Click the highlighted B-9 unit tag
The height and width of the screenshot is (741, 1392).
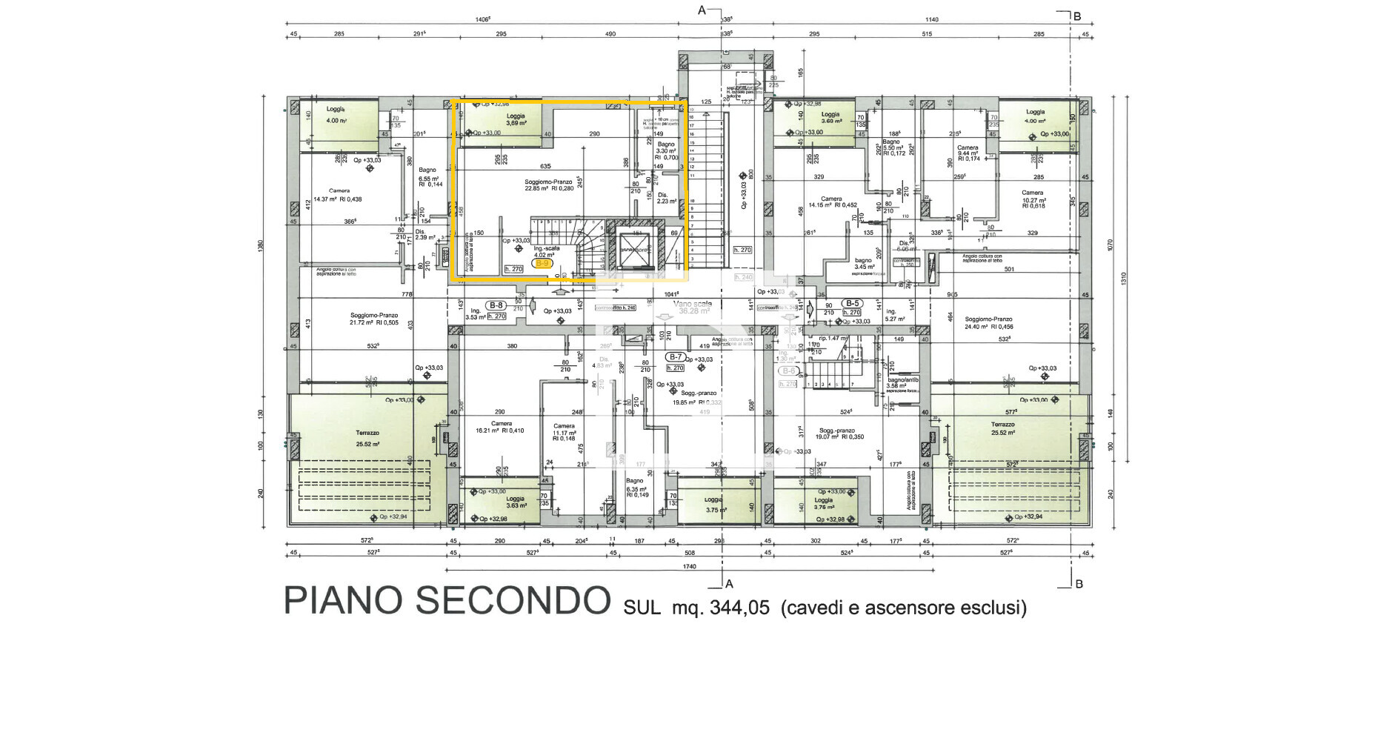[542, 264]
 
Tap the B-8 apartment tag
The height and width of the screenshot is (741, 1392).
[496, 305]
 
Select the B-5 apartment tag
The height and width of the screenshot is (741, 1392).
[853, 303]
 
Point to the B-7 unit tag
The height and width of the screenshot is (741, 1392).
[675, 357]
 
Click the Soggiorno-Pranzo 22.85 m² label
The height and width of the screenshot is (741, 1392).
[548, 185]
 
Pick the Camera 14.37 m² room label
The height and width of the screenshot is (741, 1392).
[338, 195]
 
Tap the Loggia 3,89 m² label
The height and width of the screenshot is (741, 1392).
[516, 119]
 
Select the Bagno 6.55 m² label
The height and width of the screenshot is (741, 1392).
[428, 175]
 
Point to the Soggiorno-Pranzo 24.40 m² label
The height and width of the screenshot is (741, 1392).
[989, 323]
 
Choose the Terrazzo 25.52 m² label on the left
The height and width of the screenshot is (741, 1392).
[367, 438]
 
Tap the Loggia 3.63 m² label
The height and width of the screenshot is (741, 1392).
[516, 502]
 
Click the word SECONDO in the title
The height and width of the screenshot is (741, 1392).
[513, 601]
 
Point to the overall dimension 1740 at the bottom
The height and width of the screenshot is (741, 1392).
[689, 566]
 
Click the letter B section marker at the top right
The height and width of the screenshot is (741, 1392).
[1078, 16]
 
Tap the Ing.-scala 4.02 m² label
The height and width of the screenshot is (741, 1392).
[547, 252]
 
